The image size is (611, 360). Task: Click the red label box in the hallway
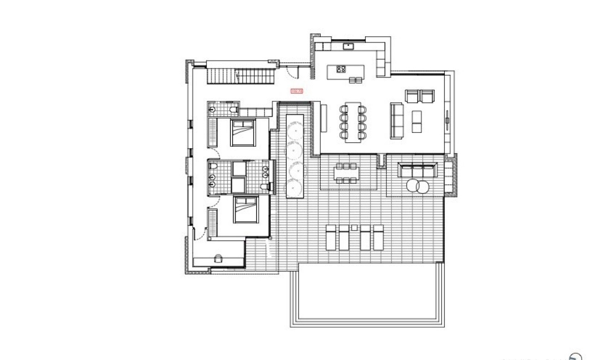pos(296,91)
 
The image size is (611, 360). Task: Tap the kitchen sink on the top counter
pos(348,46)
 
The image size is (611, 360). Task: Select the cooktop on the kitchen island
pos(341,70)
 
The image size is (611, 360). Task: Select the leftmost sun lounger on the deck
pos(331,237)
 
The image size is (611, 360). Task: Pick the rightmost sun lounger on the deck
pos(378,237)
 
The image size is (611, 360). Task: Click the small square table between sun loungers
pos(354,228)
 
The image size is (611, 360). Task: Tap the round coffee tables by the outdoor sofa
pos(418,186)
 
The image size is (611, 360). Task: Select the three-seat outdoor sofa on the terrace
pos(417,170)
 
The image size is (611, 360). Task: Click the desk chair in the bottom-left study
pos(218,258)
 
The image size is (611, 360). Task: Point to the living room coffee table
pos(416,121)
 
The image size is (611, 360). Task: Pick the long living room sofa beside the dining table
pos(395,120)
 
